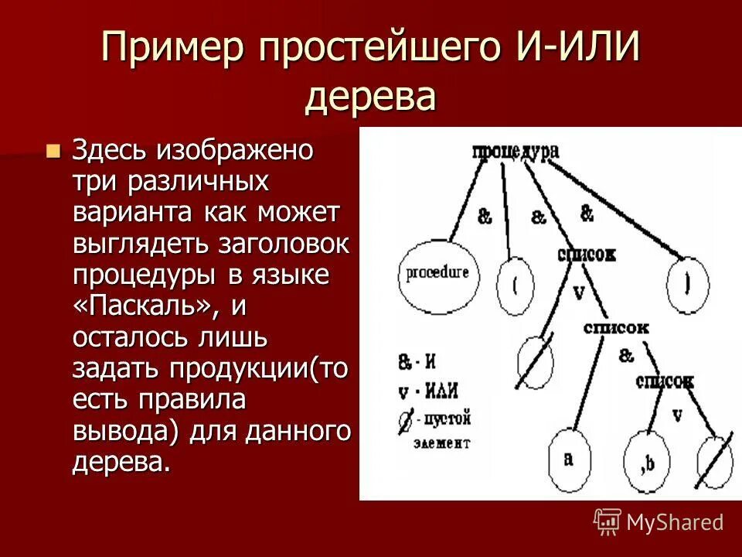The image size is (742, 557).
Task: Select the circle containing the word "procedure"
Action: pos(437,273)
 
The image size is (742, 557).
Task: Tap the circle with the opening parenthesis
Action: pos(515,284)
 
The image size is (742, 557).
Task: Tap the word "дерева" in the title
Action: pos(371,97)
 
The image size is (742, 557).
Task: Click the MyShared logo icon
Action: pos(608,521)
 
